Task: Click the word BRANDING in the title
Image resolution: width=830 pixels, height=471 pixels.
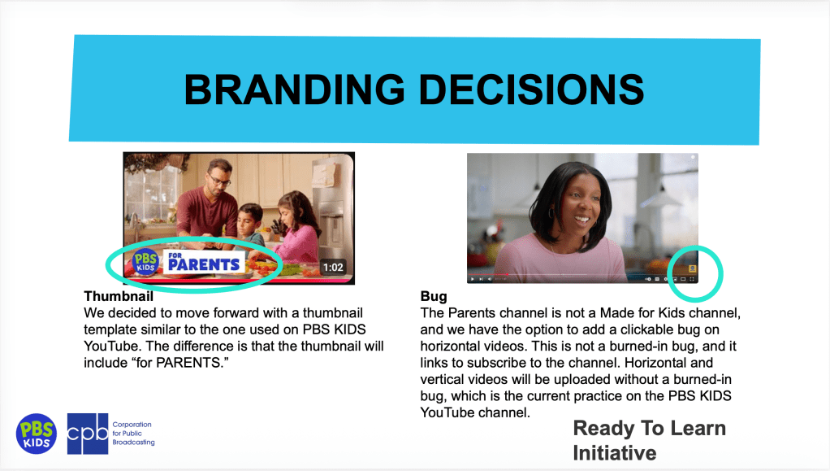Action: (294, 89)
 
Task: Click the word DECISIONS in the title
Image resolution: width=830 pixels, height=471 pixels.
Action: (531, 89)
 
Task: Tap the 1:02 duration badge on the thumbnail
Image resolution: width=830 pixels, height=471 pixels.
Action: (333, 268)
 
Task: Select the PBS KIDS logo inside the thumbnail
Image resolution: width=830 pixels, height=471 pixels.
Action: (145, 262)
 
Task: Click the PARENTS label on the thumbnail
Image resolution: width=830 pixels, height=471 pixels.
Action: (205, 263)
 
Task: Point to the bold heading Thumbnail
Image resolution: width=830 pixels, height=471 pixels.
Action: (119, 296)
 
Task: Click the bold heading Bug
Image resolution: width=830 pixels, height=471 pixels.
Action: (434, 296)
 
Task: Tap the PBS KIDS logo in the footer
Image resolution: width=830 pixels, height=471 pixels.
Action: (36, 434)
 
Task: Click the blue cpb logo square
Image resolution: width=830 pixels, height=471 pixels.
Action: (88, 434)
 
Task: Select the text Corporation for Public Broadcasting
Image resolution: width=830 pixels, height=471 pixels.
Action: (133, 434)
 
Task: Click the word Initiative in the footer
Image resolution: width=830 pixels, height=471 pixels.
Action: (615, 453)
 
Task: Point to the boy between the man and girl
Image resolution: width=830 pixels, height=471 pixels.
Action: (249, 228)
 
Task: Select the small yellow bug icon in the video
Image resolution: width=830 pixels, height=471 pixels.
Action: (692, 268)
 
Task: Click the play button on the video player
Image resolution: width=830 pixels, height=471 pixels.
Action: (473, 279)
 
